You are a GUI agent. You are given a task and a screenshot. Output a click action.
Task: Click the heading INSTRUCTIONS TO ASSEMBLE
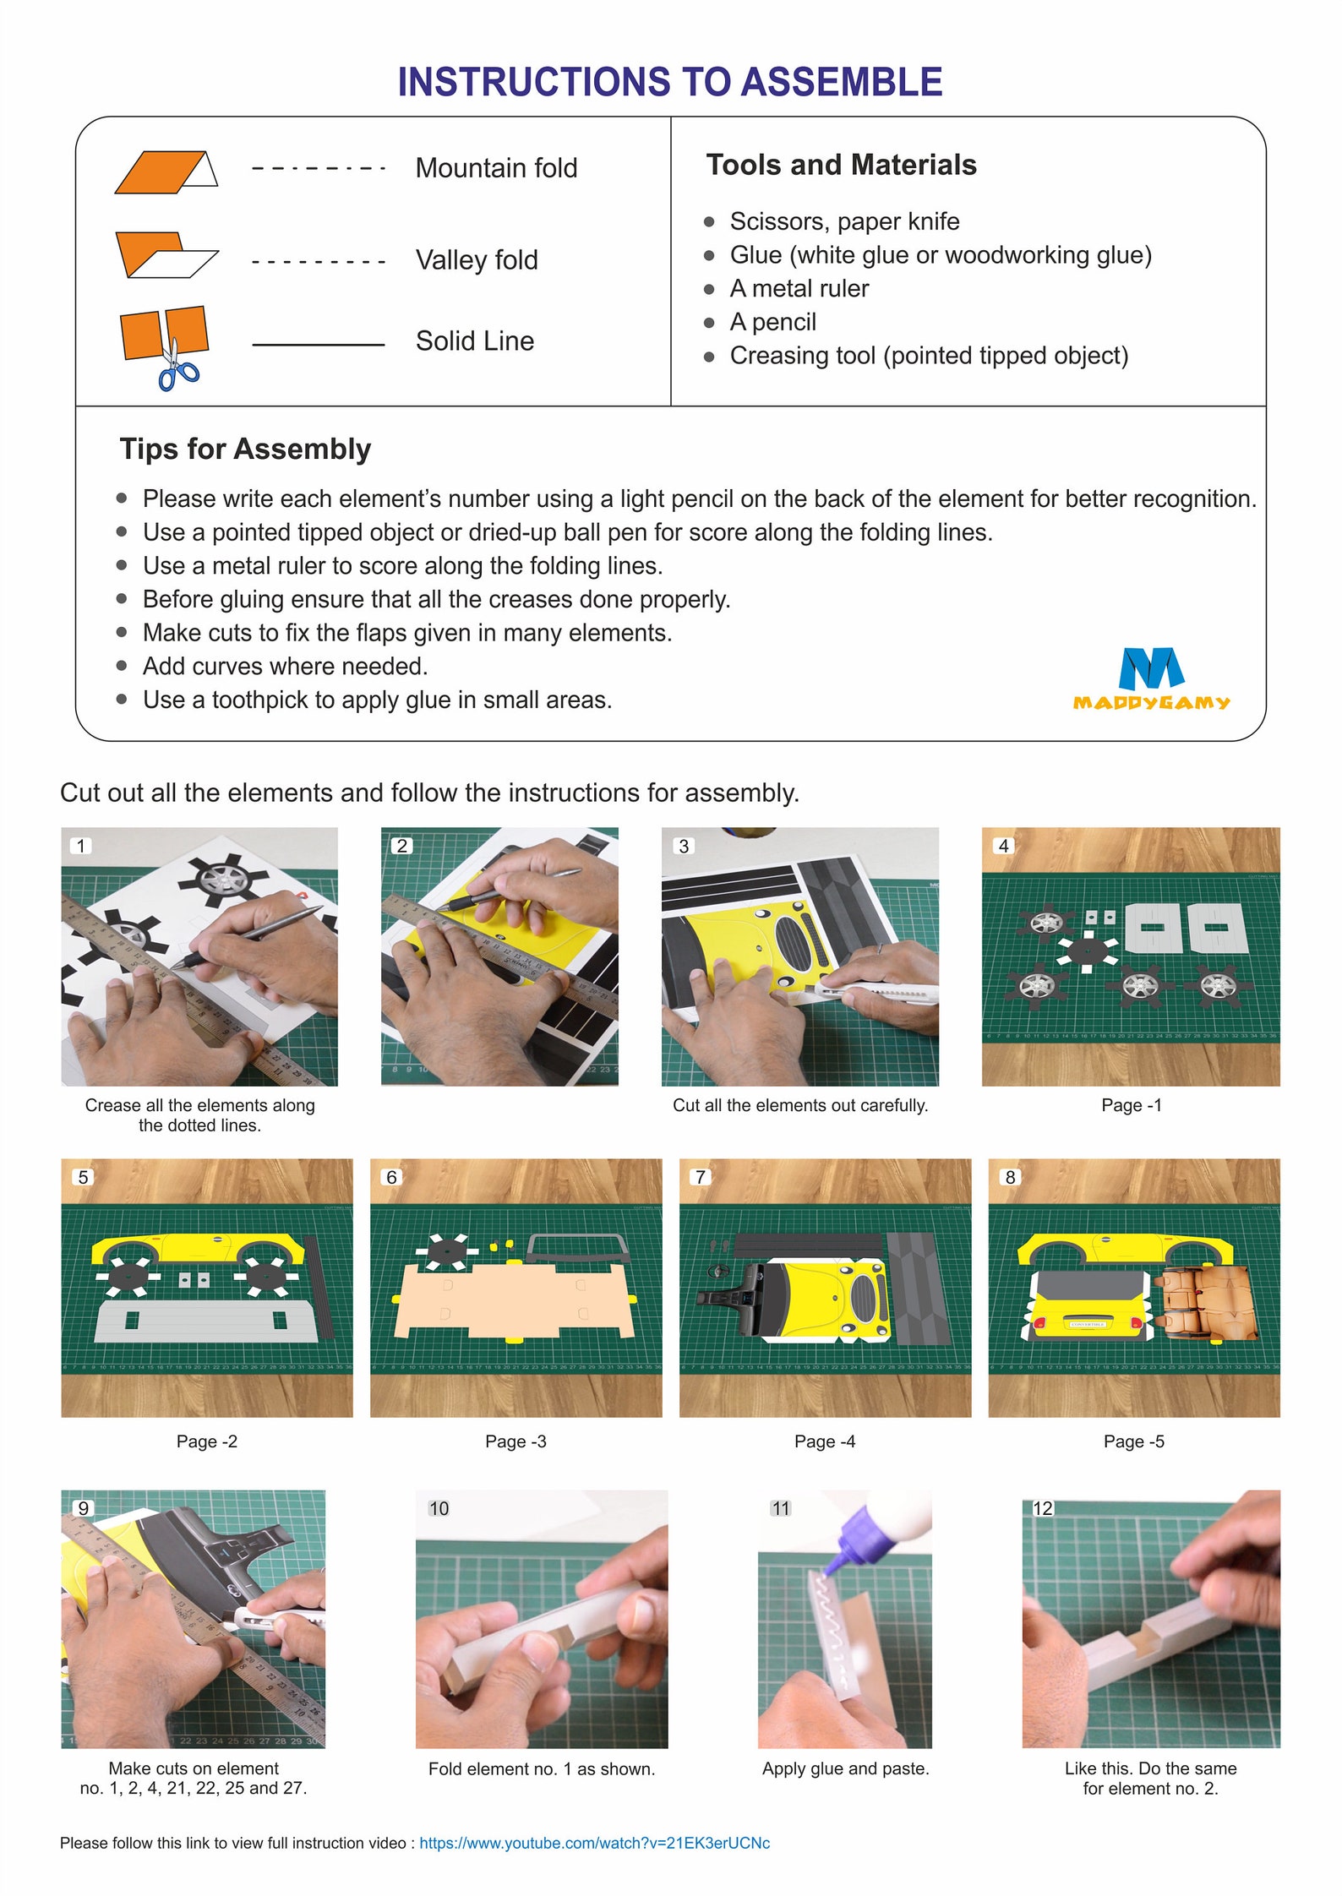coord(669,82)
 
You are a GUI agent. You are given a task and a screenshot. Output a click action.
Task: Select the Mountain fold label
coord(496,168)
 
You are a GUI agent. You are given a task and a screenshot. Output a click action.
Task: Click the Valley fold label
coord(477,260)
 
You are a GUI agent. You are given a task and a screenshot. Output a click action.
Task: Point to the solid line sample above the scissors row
coord(318,345)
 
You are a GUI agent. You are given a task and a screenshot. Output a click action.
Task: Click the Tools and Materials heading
coord(840,165)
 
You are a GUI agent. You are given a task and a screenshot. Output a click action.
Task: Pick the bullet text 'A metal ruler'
coord(799,289)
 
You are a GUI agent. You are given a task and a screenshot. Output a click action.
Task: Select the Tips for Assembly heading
coord(245,449)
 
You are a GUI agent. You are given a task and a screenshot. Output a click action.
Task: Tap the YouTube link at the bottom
coord(594,1843)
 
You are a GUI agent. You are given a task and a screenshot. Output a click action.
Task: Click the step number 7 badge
coord(700,1177)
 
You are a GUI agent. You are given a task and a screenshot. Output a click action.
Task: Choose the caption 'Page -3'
coord(516,1441)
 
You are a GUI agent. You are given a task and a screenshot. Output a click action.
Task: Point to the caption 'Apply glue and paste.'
coord(845,1768)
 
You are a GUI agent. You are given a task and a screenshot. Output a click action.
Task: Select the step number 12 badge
coord(1043,1508)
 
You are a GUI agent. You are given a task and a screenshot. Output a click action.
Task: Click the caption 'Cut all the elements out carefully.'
coord(799,1105)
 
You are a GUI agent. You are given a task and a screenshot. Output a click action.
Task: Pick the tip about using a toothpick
coord(377,700)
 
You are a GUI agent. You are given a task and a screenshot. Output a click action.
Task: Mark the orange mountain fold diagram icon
coord(161,172)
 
